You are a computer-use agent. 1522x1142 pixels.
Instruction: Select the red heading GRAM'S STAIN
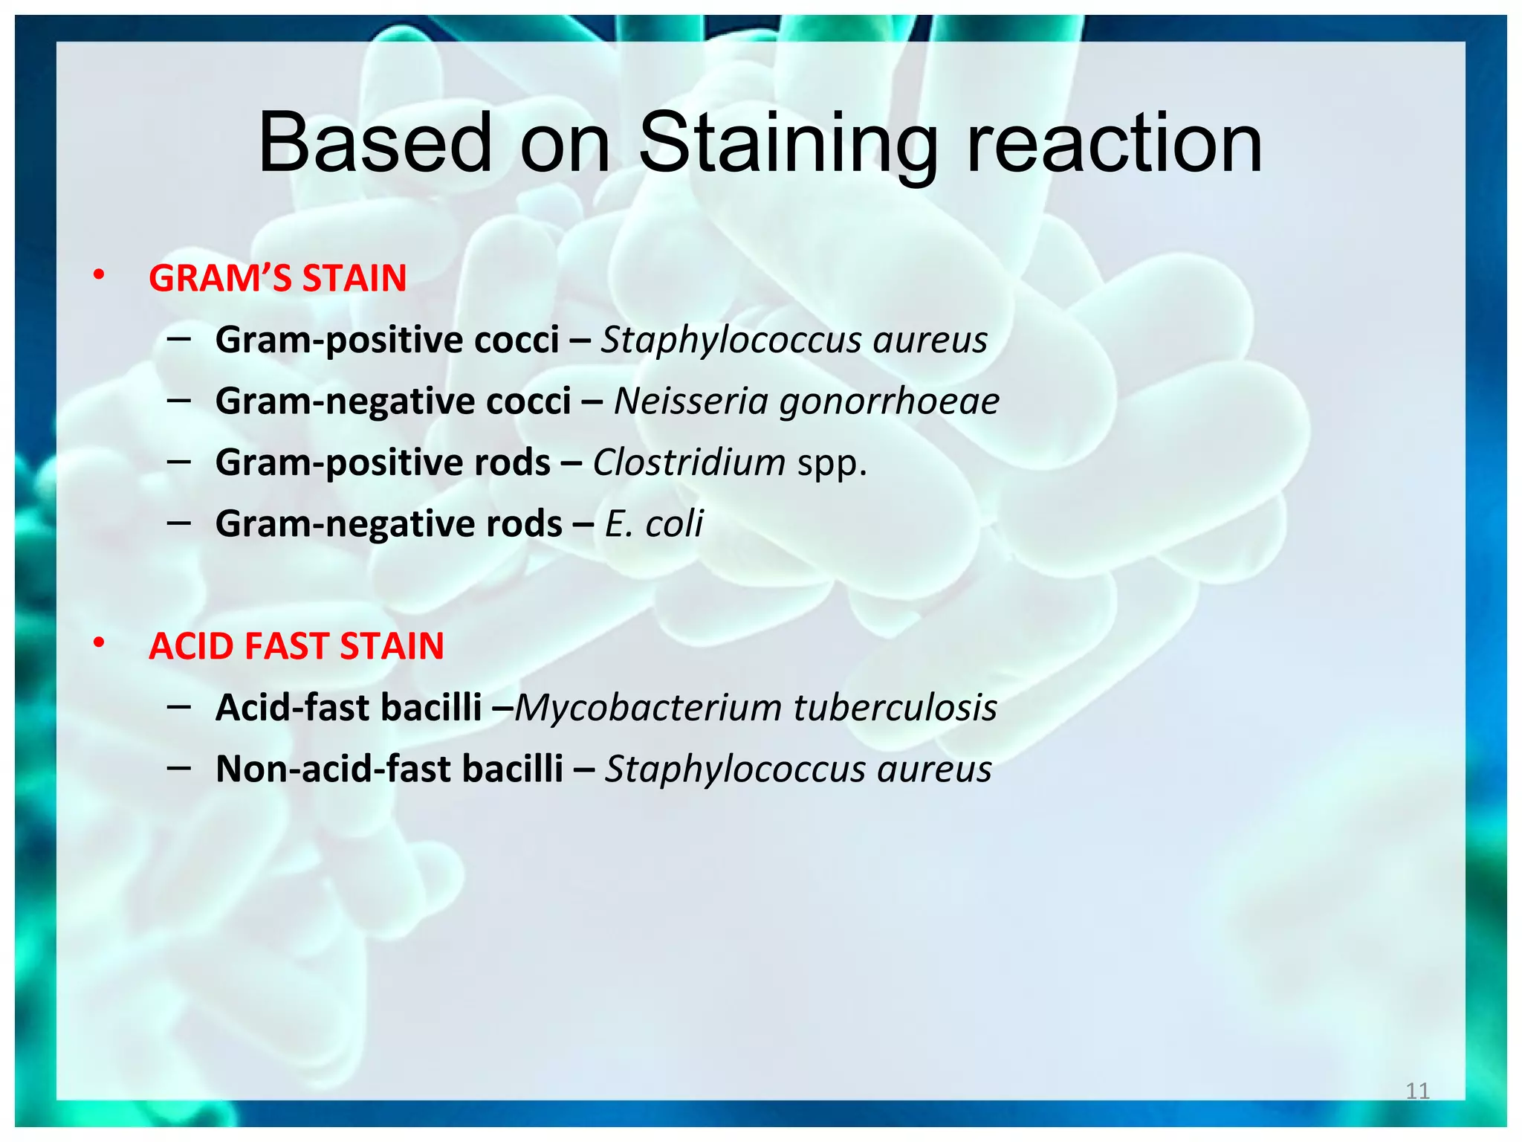[277, 278]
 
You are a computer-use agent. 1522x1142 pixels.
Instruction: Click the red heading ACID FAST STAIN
[296, 646]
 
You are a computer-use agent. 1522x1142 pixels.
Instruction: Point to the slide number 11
[1417, 1091]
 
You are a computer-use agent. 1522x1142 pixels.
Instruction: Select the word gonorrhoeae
[889, 401]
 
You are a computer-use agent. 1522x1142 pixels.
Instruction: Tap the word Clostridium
[688, 462]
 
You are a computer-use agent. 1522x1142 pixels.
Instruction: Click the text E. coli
[653, 523]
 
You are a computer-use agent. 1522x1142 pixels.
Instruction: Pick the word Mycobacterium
[648, 707]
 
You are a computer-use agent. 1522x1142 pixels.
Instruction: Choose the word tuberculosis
[895, 707]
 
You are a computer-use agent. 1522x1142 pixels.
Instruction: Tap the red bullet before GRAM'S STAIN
[99, 277]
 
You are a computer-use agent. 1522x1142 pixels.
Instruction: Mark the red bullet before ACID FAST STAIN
[99, 644]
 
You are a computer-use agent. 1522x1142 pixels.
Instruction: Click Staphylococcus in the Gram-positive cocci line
[731, 341]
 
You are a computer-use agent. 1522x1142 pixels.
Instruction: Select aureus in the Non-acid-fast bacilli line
[934, 769]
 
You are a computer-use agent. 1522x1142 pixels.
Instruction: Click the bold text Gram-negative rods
[388, 523]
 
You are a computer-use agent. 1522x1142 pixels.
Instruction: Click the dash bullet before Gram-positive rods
[179, 461]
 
